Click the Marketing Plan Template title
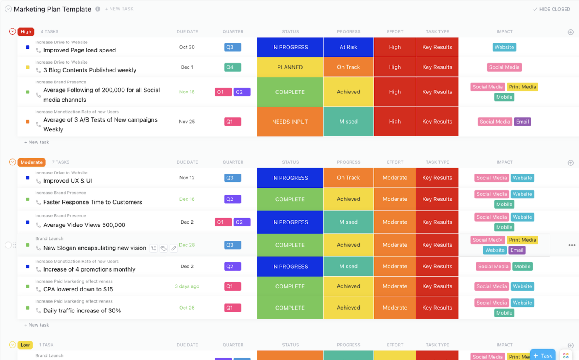pyautogui.click(x=53, y=9)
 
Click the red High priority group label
pyautogui.click(x=26, y=32)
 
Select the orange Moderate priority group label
pyautogui.click(x=31, y=162)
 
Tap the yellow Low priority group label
pyautogui.click(x=25, y=345)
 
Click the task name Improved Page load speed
pyautogui.click(x=79, y=50)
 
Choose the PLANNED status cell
pyautogui.click(x=290, y=67)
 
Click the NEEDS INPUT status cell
pyautogui.click(x=290, y=122)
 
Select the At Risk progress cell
pyautogui.click(x=348, y=48)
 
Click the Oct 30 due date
pyautogui.click(x=187, y=48)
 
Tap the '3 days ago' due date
pyautogui.click(x=187, y=286)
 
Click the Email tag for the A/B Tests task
pyautogui.click(x=522, y=122)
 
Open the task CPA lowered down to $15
pyautogui.click(x=78, y=289)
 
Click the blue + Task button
pyautogui.click(x=543, y=355)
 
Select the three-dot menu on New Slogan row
pyautogui.click(x=572, y=245)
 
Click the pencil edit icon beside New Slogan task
pyautogui.click(x=174, y=248)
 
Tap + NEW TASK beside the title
pyautogui.click(x=119, y=9)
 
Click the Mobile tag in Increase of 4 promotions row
pyautogui.click(x=522, y=267)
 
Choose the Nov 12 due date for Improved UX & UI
pyautogui.click(x=187, y=178)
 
